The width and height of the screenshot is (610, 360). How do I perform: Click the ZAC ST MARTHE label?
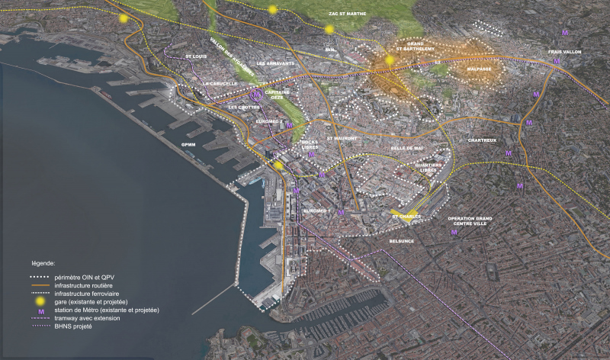348,13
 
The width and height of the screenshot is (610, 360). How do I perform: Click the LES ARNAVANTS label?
274,63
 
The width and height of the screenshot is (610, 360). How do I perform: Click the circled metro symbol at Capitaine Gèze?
254,95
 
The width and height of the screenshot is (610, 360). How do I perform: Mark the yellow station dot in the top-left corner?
124,18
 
